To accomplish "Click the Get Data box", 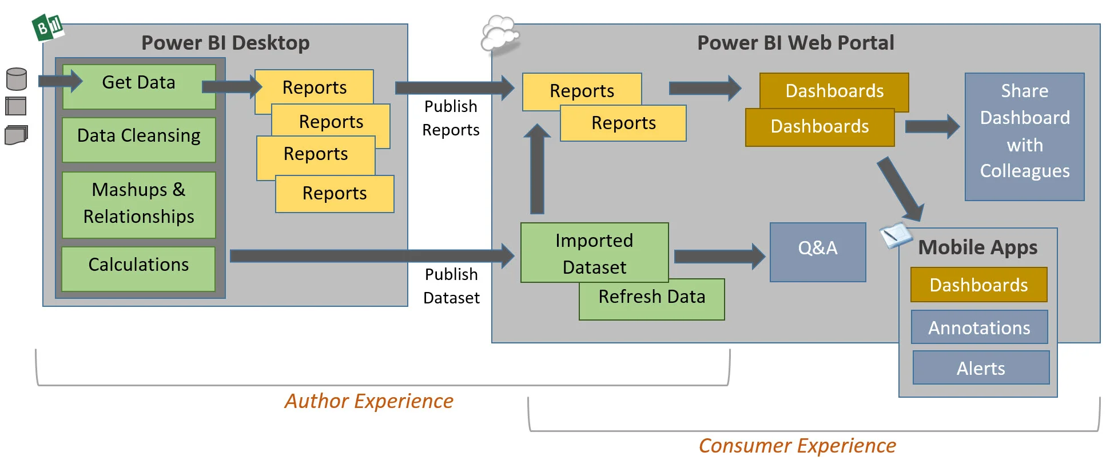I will pyautogui.click(x=139, y=86).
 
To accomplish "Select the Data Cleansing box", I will pyautogui.click(x=139, y=139).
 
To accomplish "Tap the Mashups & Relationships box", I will pyautogui.click(x=139, y=204).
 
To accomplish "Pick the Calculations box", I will pyautogui.click(x=138, y=267).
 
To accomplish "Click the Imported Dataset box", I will pyautogui.click(x=594, y=253).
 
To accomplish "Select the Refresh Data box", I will pyautogui.click(x=652, y=300).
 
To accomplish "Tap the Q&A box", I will pyautogui.click(x=818, y=251).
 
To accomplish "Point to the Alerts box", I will pyautogui.click(x=981, y=367).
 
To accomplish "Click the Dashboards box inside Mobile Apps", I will pyautogui.click(x=978, y=284).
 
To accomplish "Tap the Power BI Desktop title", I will pyautogui.click(x=225, y=43).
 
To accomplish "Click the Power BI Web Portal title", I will pyautogui.click(x=795, y=43).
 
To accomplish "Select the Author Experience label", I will pyautogui.click(x=369, y=401).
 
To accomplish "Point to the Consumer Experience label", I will pyautogui.click(x=797, y=445).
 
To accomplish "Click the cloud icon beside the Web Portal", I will pyautogui.click(x=500, y=34).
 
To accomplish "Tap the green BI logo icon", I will pyautogui.click(x=48, y=27).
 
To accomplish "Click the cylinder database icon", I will pyautogui.click(x=17, y=79).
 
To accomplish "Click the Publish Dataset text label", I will pyautogui.click(x=451, y=286).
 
